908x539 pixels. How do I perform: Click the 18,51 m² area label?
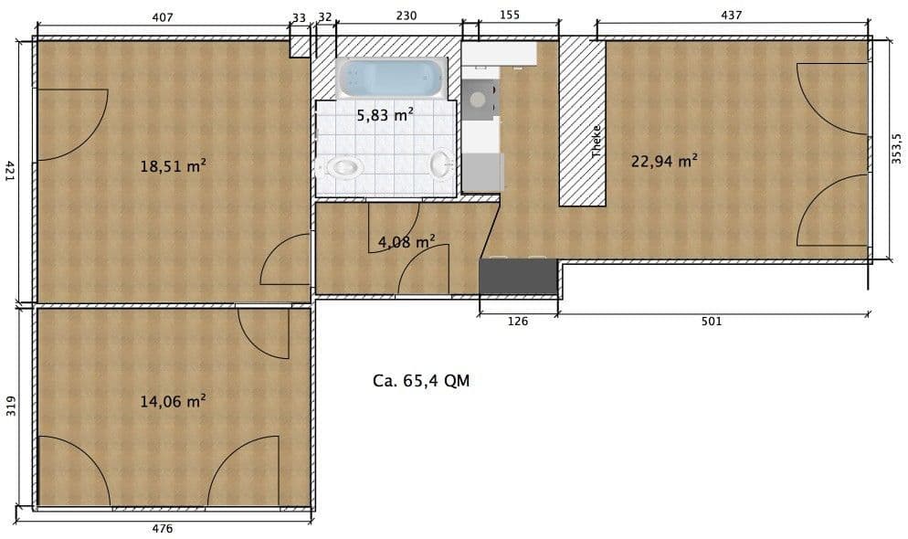[172, 166]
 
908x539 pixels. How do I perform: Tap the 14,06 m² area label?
[172, 400]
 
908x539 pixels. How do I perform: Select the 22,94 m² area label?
[664, 161]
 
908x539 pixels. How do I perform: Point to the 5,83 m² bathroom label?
[385, 114]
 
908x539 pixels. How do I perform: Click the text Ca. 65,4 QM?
[421, 381]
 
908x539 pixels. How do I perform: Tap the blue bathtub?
[391, 79]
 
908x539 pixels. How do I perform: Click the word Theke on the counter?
[597, 142]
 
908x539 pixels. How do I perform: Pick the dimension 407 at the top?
[161, 16]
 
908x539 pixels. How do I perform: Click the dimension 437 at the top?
[732, 16]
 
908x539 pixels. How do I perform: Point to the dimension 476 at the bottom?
[162, 528]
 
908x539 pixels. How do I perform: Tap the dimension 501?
[712, 321]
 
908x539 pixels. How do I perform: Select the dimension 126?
[517, 321]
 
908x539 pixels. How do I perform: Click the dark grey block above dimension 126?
[518, 276]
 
